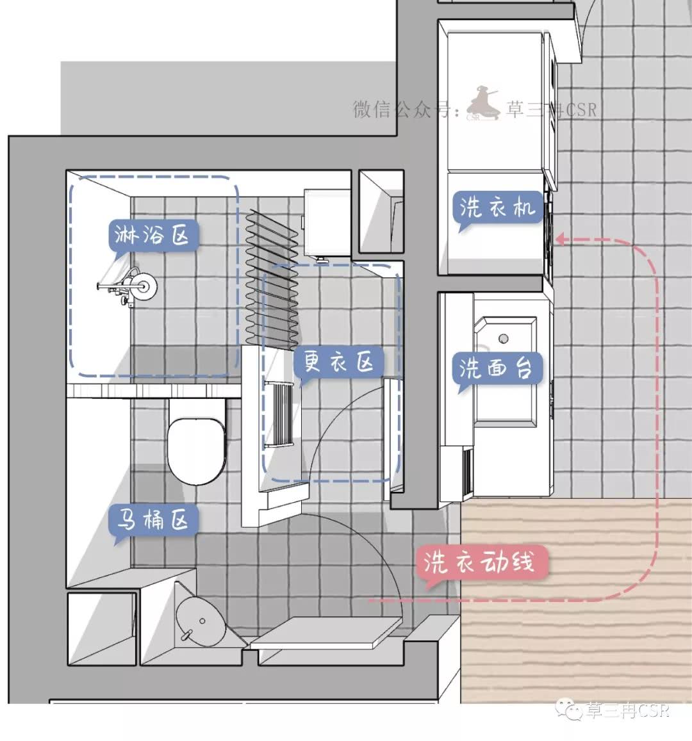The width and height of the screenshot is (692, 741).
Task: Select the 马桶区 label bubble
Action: tap(152, 520)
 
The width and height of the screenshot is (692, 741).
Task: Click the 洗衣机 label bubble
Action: tap(498, 207)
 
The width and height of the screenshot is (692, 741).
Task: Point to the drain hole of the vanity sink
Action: tap(504, 338)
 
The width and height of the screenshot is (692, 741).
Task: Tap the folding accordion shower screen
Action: tap(272, 279)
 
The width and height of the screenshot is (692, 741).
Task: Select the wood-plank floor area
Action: tap(576, 600)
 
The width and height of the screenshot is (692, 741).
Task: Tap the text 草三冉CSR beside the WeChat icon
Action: tap(628, 710)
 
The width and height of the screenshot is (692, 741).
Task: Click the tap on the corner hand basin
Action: tap(186, 635)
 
